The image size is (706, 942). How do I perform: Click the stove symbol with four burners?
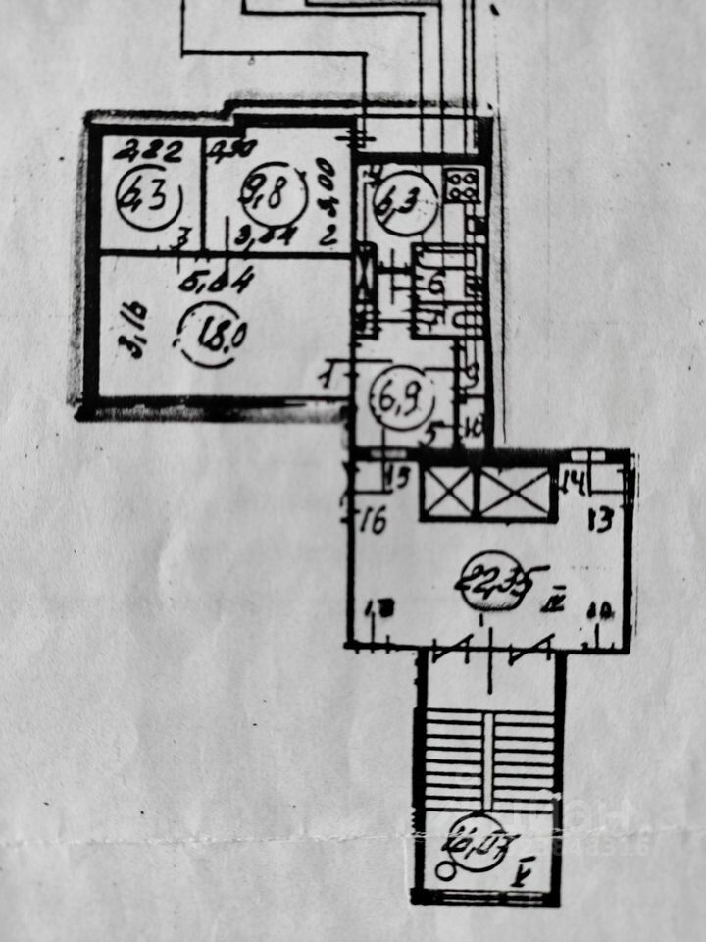(462, 183)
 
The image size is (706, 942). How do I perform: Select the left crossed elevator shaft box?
(448, 493)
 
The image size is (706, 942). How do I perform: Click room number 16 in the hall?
(374, 517)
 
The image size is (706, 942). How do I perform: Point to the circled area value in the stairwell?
(481, 842)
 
